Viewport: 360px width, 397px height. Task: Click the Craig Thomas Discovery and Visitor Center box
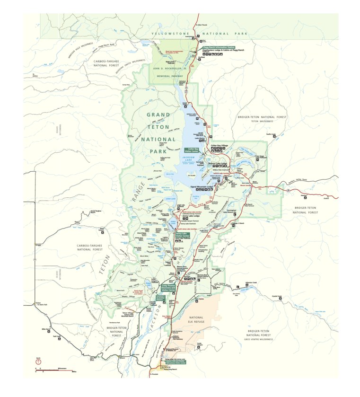tap(168, 287)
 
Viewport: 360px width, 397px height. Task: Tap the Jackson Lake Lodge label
tap(218, 163)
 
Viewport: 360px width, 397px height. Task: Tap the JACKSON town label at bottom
tap(165, 367)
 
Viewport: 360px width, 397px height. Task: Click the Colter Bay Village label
tap(220, 145)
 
